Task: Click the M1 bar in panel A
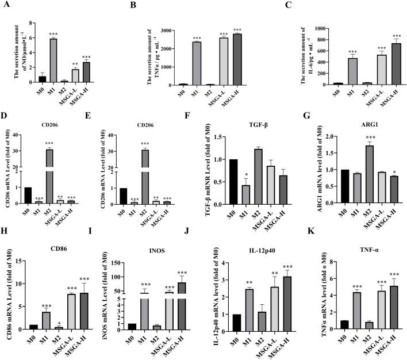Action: tap(53, 61)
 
